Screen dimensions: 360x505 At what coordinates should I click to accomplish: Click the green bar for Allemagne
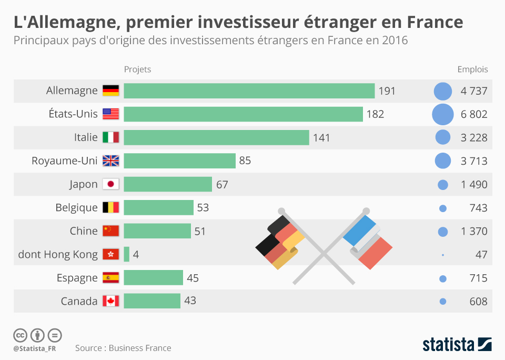249,91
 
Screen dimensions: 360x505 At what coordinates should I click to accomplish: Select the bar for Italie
216,137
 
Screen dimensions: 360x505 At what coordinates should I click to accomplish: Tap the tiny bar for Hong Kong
126,254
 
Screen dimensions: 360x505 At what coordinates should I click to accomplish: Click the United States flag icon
111,114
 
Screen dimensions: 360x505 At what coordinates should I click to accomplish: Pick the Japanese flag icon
111,184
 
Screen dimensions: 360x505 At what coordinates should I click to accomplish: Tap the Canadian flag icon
111,301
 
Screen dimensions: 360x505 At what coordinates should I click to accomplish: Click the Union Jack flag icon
111,161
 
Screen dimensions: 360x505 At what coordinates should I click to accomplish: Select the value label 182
375,114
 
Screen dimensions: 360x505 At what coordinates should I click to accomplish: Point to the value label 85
245,161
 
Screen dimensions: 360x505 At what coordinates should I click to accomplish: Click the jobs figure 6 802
474,114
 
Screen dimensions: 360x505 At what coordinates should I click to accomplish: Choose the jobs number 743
478,208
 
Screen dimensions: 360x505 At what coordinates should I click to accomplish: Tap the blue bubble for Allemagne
443,91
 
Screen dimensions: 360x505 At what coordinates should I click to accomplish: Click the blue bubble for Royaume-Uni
443,161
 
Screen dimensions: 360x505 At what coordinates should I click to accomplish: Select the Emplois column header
472,69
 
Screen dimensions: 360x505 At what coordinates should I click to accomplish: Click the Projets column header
137,69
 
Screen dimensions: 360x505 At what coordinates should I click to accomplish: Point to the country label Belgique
76,208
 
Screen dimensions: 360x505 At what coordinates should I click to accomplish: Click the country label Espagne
77,278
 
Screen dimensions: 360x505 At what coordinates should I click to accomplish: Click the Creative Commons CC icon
21,335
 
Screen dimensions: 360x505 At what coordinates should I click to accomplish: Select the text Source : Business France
123,348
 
